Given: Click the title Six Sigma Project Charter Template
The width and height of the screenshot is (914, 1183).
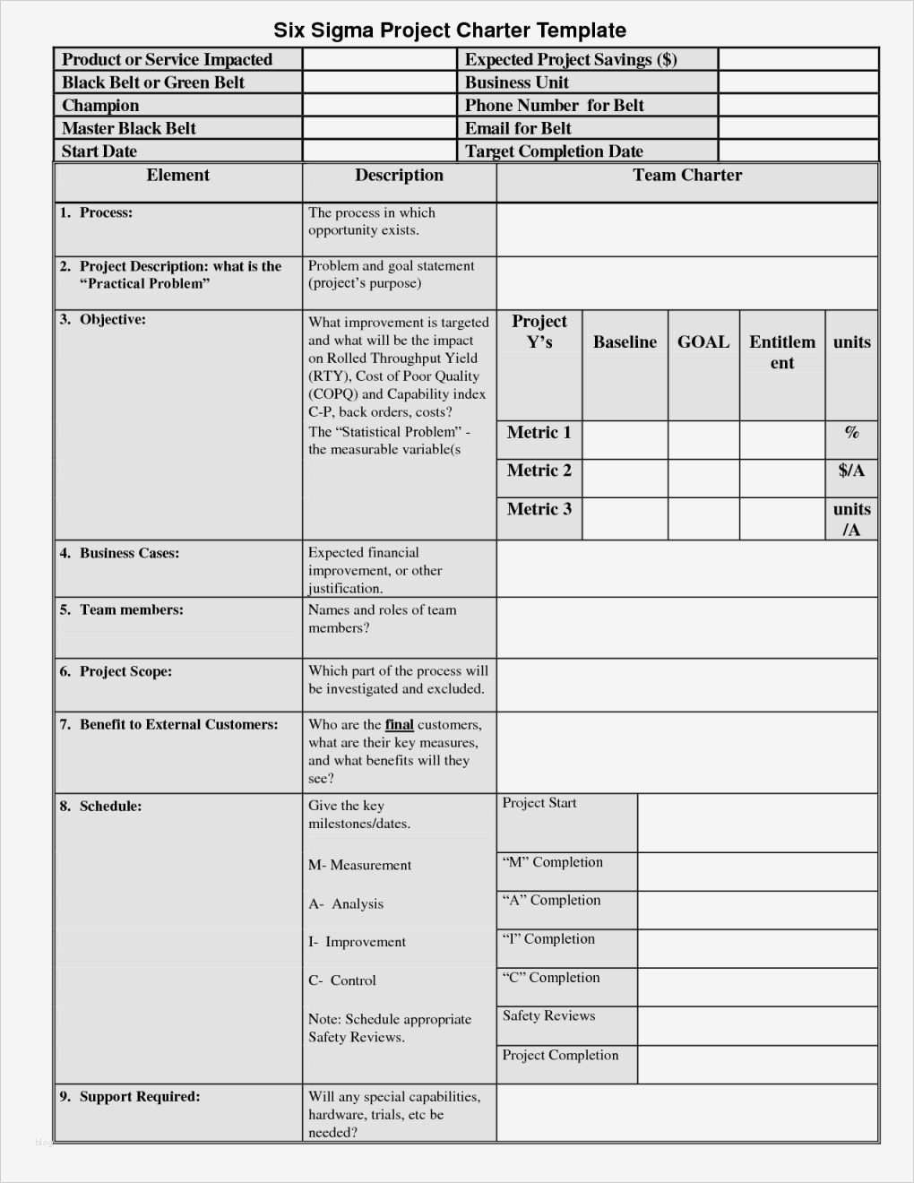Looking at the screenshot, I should (x=450, y=30).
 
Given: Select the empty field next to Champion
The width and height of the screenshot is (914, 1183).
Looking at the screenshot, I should (x=379, y=106).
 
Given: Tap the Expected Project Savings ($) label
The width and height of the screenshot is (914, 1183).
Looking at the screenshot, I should (x=571, y=60).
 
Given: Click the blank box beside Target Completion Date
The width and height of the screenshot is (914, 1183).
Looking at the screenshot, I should (x=798, y=151).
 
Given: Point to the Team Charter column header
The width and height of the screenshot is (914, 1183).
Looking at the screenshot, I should (x=687, y=176).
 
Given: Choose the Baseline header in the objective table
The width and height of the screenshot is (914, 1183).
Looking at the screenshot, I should (x=625, y=342).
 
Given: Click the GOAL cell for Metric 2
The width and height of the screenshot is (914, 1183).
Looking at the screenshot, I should (x=703, y=479).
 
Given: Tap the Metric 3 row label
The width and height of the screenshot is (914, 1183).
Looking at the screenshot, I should (x=539, y=509).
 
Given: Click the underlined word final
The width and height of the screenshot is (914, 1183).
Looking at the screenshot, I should (x=400, y=725).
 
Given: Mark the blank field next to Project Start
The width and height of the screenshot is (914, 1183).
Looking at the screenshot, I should (x=757, y=822).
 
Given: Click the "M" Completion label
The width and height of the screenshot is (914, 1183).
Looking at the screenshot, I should (x=553, y=862).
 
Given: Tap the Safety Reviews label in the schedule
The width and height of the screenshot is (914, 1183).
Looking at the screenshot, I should (x=548, y=1015).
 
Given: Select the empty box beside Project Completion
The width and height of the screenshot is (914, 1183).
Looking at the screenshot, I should (x=757, y=1065).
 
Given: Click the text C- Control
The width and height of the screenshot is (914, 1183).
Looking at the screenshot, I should (x=342, y=980).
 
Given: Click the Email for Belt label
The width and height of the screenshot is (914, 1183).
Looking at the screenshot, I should (x=518, y=128).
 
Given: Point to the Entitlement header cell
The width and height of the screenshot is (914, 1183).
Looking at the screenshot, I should (x=782, y=352).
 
